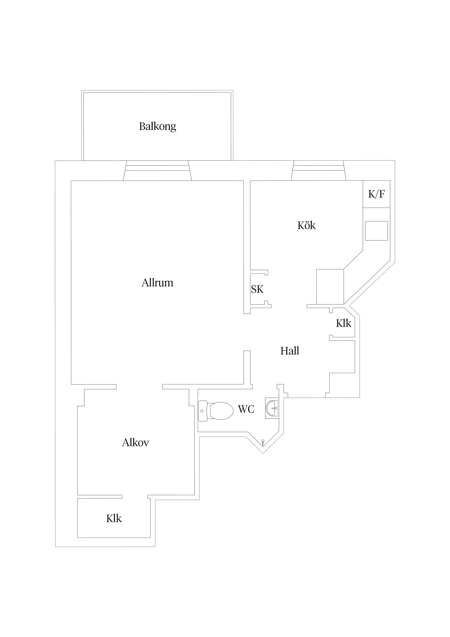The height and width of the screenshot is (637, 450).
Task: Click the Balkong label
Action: [x=157, y=126]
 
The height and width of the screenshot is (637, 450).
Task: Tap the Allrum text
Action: [x=157, y=283]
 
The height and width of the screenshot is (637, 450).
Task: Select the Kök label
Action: [x=306, y=225]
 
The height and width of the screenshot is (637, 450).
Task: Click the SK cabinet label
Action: [x=257, y=289]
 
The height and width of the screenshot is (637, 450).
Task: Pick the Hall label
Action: [x=290, y=351]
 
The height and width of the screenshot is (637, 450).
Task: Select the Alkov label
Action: [x=135, y=443]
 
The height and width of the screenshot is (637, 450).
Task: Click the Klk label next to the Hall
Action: [x=344, y=323]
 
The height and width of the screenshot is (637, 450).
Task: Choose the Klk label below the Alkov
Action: [x=114, y=519]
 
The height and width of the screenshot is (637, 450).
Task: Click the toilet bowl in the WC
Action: [x=221, y=411]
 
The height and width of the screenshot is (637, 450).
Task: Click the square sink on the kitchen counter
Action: [x=376, y=231]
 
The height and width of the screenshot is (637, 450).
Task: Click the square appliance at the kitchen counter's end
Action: [x=330, y=287]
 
